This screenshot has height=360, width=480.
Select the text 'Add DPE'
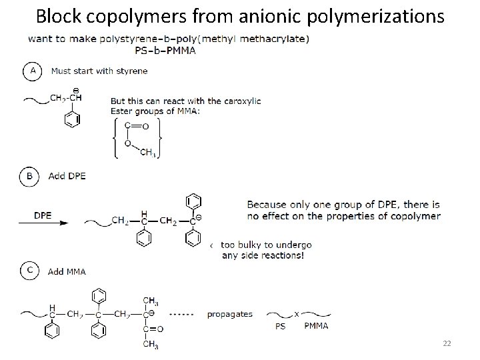[67, 176]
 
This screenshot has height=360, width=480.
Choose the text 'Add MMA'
[67, 271]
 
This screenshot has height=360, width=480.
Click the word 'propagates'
[229, 313]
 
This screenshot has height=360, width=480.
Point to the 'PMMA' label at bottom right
[317, 327]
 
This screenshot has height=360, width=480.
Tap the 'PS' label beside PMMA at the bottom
[280, 327]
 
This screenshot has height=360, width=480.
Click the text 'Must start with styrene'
[98, 71]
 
